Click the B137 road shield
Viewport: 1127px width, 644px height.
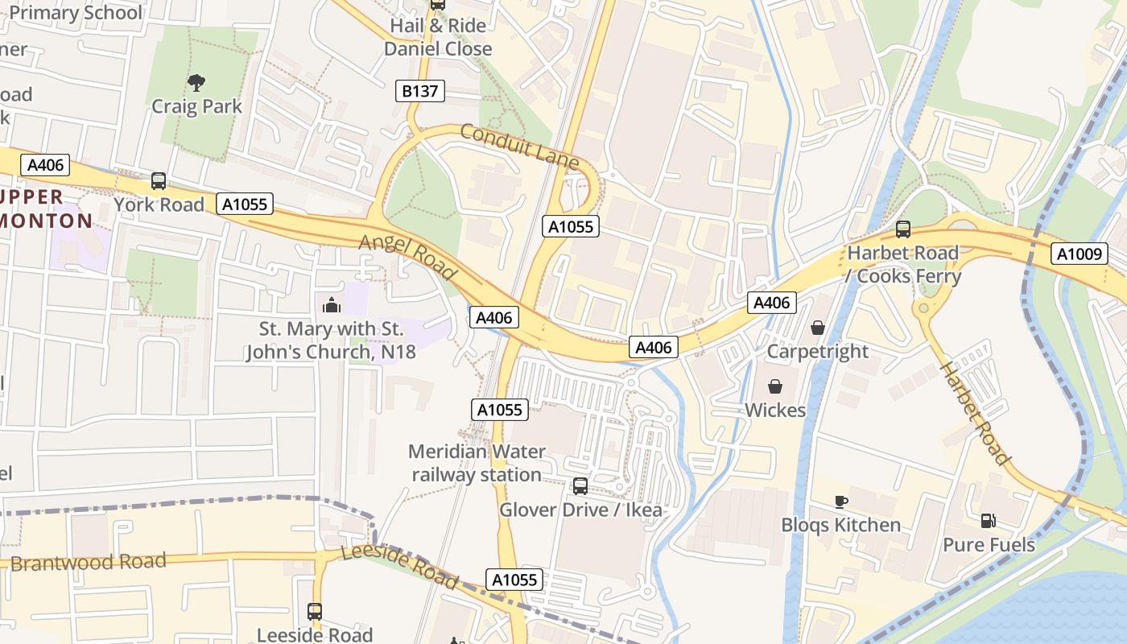420,91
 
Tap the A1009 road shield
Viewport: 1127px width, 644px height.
1079,254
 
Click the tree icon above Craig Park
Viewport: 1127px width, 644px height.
196,81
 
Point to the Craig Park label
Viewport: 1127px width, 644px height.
196,107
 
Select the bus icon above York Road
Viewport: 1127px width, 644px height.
159,181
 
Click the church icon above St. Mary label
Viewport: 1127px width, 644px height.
331,305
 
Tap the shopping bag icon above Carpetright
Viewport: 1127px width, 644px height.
818,328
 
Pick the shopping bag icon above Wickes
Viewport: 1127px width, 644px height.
775,386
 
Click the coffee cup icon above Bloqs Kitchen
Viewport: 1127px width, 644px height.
840,502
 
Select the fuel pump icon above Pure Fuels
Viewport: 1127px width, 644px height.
988,521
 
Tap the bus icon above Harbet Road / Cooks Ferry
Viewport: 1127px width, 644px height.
903,229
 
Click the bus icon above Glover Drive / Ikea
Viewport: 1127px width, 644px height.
580,486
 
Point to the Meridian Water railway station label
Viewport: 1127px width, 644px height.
477,463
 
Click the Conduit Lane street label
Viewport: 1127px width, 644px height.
519,146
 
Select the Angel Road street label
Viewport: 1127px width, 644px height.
408,257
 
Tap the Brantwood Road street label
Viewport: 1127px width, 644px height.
89,562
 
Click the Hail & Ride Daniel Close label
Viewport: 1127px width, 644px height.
438,37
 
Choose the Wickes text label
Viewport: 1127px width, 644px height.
774,411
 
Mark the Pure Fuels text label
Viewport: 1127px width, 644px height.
989,545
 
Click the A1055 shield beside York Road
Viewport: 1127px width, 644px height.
245,204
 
